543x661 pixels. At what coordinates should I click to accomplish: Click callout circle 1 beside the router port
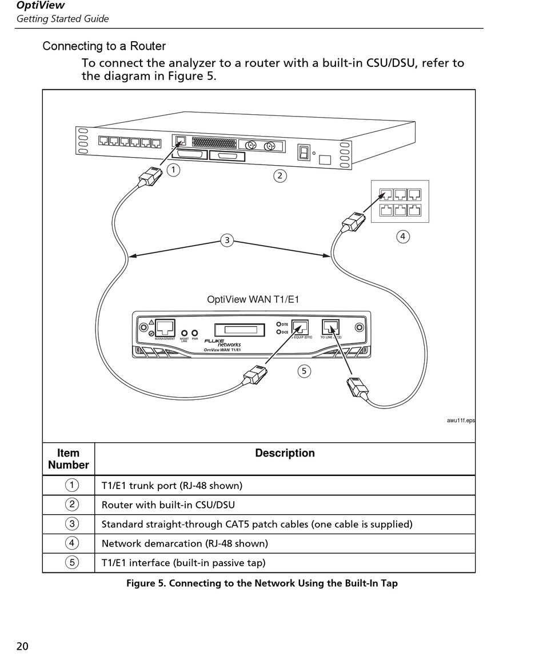(173, 169)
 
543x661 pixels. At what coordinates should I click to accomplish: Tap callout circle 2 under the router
(280, 176)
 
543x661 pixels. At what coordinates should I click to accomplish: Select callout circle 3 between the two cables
(227, 240)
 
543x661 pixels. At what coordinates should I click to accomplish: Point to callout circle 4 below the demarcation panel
(403, 236)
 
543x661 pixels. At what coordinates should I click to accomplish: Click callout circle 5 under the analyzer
(304, 371)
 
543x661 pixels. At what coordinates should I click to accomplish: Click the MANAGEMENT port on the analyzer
(165, 328)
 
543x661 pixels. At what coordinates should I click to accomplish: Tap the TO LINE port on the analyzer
(330, 327)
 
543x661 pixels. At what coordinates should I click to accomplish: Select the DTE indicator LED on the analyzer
(279, 325)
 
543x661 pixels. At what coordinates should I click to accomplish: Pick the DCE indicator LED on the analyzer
(279, 332)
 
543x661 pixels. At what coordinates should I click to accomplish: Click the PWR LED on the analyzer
(195, 332)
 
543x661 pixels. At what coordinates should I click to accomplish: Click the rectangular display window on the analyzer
(240, 330)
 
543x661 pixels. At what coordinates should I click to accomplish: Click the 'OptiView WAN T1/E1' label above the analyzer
(253, 299)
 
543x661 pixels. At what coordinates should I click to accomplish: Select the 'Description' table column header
(285, 453)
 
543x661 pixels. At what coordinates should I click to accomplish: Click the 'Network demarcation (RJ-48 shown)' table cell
(185, 543)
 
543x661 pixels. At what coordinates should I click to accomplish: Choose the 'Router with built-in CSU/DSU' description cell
(168, 504)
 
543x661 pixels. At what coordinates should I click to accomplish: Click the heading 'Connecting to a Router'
(104, 46)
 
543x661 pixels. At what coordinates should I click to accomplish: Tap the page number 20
(22, 646)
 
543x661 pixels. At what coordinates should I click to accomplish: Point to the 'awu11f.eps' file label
(461, 421)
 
